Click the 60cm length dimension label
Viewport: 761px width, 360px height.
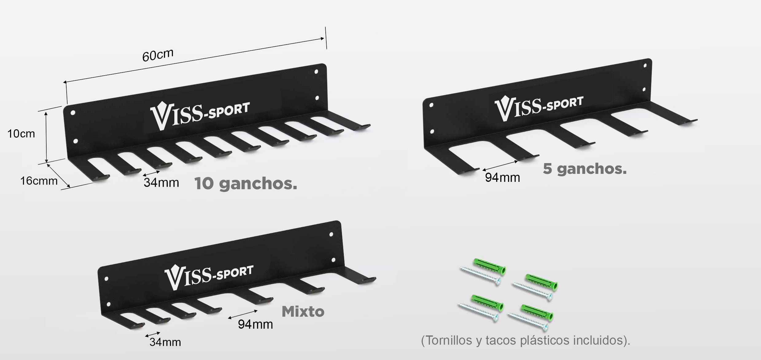[x=158, y=55]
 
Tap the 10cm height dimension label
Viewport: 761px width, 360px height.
[x=21, y=134]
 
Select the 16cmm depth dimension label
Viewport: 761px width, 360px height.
[x=39, y=181]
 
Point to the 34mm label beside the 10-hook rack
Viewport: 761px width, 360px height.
[x=161, y=182]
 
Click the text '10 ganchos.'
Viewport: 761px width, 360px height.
[x=246, y=183]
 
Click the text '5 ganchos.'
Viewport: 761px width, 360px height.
[x=584, y=169]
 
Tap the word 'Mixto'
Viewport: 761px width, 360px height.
[x=303, y=311]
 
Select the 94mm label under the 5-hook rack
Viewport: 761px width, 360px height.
[x=502, y=178]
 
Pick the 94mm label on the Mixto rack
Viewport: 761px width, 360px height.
[x=255, y=324]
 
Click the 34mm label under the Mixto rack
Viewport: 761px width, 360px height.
[x=165, y=342]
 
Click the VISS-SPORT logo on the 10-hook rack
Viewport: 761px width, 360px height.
[x=200, y=115]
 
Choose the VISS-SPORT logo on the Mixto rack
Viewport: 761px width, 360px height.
[x=209, y=276]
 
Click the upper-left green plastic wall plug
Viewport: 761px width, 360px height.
[x=490, y=266]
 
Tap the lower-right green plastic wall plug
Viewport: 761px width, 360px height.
[x=537, y=312]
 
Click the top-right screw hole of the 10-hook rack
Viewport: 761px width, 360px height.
[x=316, y=72]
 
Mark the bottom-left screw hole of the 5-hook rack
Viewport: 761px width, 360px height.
[x=432, y=132]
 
